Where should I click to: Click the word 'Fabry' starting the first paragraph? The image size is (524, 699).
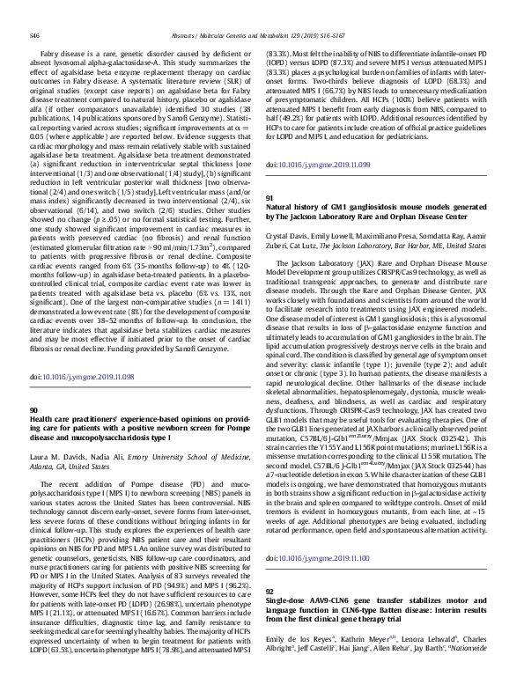(x=51, y=53)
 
